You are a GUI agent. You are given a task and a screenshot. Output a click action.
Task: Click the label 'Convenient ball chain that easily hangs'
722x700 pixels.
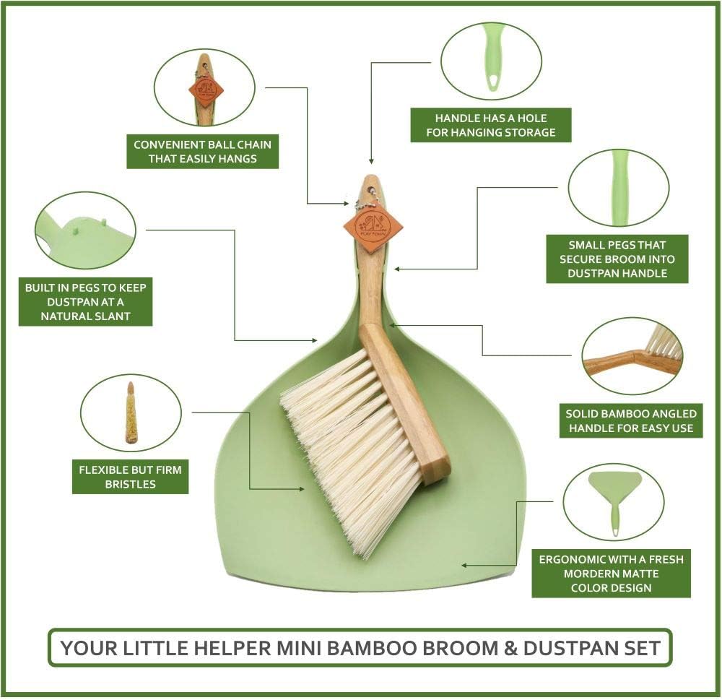click(x=202, y=151)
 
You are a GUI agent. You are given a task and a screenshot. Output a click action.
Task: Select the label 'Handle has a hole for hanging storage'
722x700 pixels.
click(x=490, y=125)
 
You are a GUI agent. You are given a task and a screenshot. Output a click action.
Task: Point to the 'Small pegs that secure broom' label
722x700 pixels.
click(x=617, y=259)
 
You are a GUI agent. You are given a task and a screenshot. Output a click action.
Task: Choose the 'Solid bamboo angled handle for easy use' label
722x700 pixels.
click(x=631, y=420)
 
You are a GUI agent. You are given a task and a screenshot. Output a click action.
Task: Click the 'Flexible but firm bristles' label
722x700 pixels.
click(x=130, y=477)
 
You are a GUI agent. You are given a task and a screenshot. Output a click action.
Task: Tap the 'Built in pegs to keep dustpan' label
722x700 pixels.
click(x=85, y=302)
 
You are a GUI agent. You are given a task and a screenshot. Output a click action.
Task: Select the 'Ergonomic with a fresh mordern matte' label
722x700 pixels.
click(x=611, y=574)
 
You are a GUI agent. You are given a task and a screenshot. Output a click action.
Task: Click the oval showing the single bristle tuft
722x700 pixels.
click(x=131, y=412)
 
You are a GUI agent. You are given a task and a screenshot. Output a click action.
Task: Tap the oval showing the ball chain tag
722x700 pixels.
click(x=204, y=87)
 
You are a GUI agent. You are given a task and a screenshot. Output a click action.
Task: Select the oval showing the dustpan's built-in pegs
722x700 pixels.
click(x=85, y=230)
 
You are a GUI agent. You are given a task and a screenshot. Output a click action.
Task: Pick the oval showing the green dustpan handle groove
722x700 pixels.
click(x=619, y=188)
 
